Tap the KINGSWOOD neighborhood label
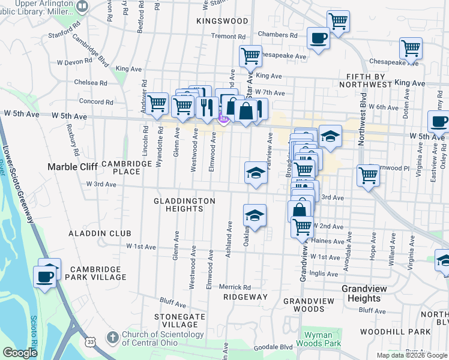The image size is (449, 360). point(222,21)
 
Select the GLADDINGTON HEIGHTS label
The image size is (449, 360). point(184,205)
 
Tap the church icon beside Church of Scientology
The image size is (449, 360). point(112,338)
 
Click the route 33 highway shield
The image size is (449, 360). point(89,342)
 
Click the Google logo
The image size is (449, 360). point(19,353)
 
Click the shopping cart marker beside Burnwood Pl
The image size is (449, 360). point(369,176)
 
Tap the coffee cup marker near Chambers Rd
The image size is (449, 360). point(318,38)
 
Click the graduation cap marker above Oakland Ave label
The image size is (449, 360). point(255,216)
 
